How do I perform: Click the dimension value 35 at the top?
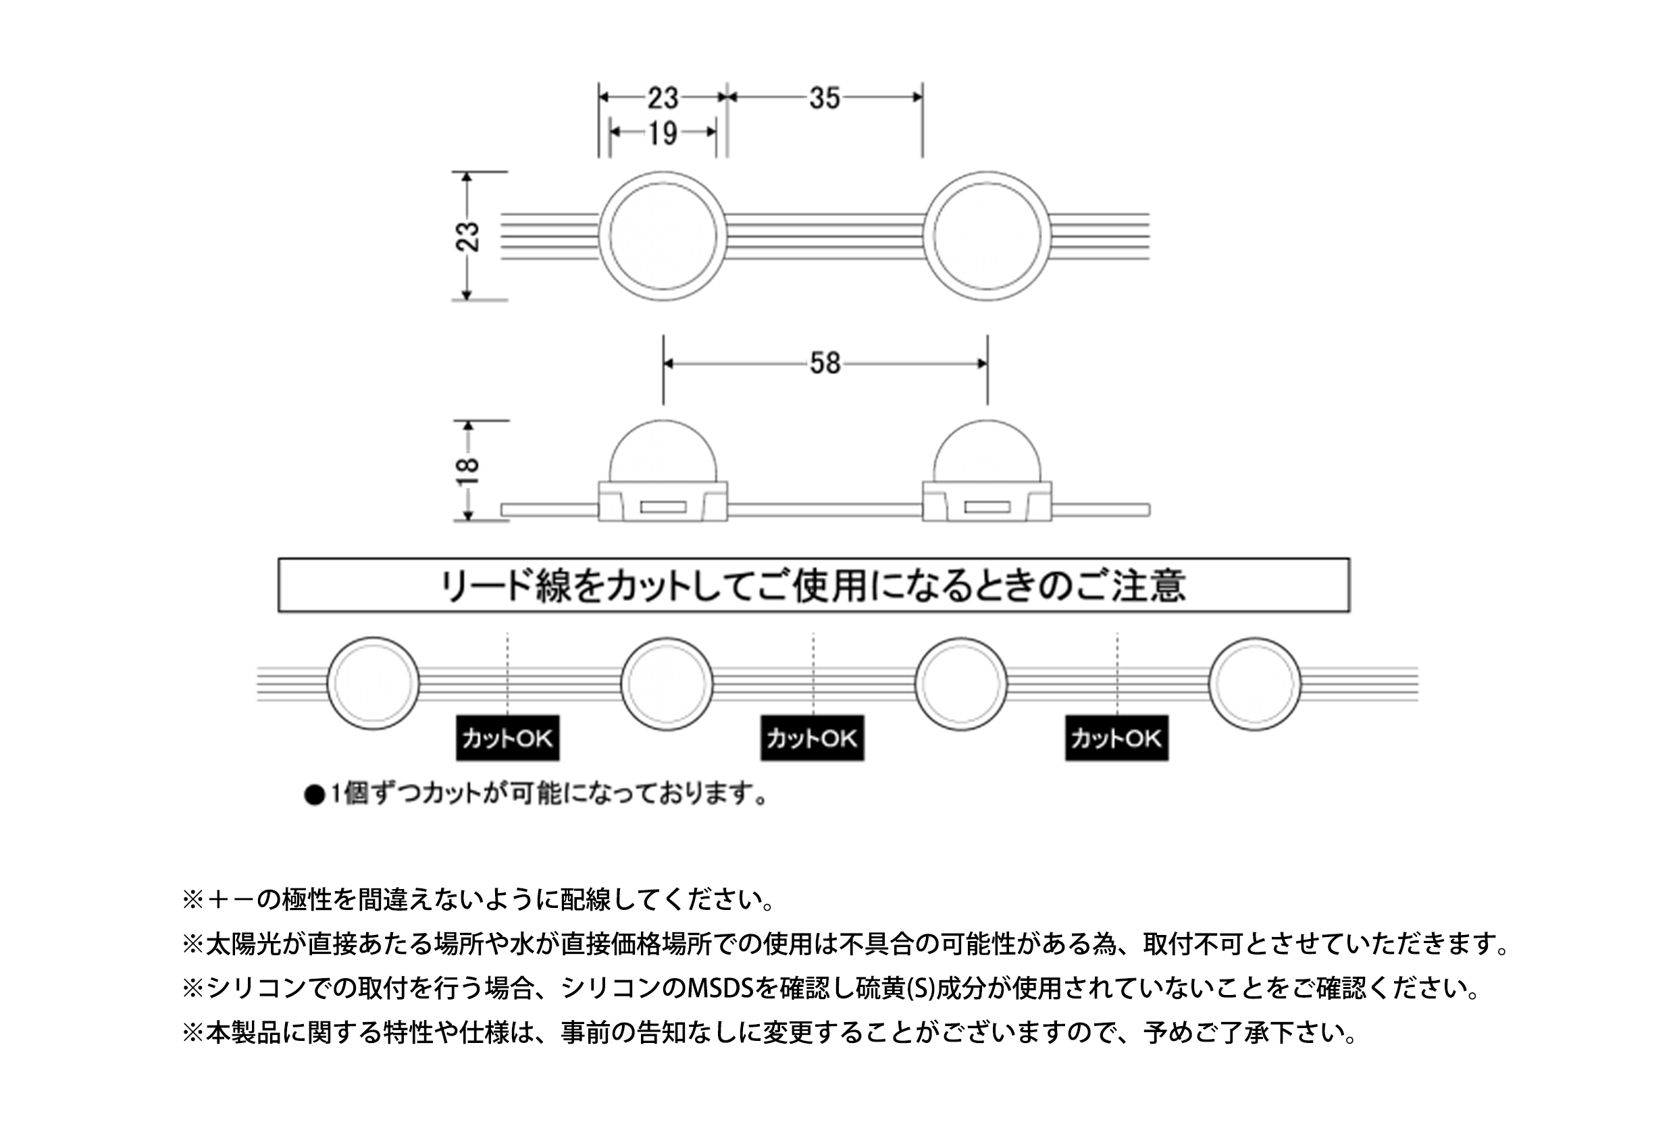pyautogui.click(x=825, y=98)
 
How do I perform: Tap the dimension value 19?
pyautogui.click(x=663, y=133)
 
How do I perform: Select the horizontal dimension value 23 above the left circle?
pyautogui.click(x=663, y=98)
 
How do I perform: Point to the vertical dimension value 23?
pyautogui.click(x=467, y=236)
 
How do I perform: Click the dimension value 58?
pyautogui.click(x=825, y=363)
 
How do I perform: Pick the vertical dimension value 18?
pyautogui.click(x=467, y=471)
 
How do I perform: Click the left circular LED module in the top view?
pyautogui.click(x=600, y=236)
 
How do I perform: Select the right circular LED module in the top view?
pyautogui.click(x=925, y=236)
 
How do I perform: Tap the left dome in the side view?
pyautogui.click(x=663, y=421)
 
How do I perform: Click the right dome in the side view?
pyautogui.click(x=987, y=421)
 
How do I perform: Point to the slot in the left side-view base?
pyautogui.click(x=663, y=508)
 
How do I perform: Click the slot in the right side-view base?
pyautogui.click(x=987, y=508)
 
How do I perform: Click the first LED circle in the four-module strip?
pyautogui.click(x=329, y=684)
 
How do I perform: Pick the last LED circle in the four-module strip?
pyautogui.click(x=1211, y=684)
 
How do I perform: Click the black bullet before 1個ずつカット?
pyautogui.click(x=315, y=796)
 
